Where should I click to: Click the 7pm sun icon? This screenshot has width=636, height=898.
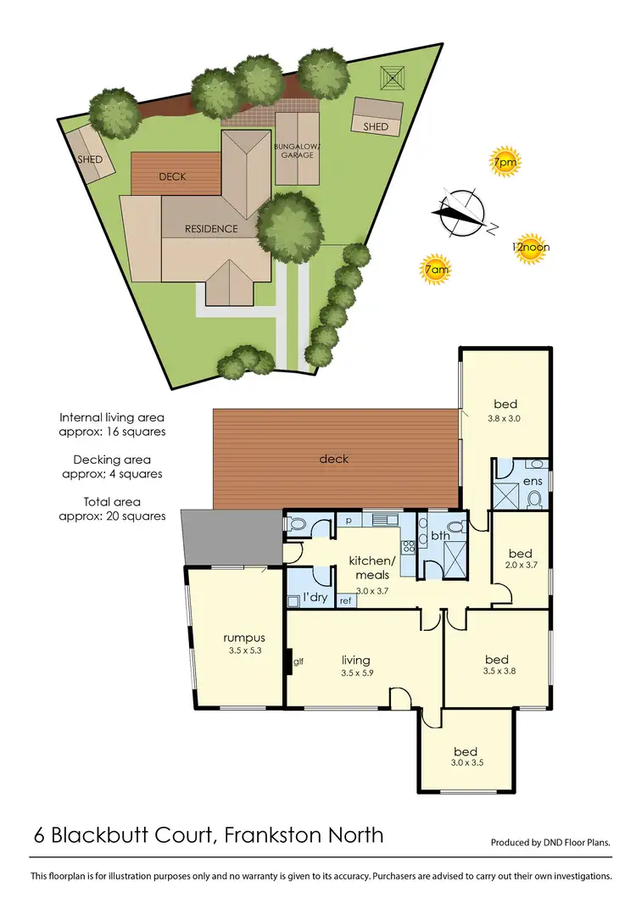[x=505, y=161]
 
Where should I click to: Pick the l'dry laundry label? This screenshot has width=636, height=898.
[x=315, y=598]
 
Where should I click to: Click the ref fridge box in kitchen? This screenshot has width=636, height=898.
[x=345, y=600]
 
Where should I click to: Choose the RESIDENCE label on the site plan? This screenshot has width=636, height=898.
[x=212, y=228]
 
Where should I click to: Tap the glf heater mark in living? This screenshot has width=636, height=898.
[x=298, y=661]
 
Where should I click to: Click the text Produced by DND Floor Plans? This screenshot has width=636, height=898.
[x=550, y=843]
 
